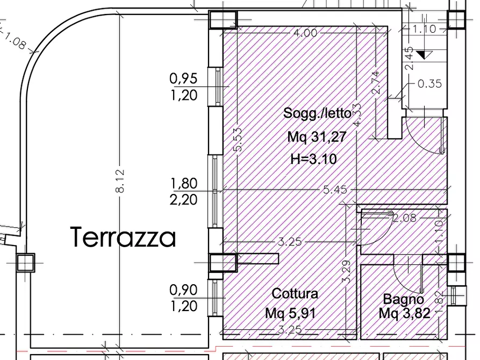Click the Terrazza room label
click(x=123, y=237)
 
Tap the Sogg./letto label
click(x=317, y=113)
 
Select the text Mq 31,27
click(x=316, y=137)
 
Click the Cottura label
click(x=295, y=293)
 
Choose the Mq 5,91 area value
click(x=291, y=313)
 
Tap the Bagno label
click(x=403, y=299)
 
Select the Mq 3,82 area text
click(x=404, y=313)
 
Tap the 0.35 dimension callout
click(x=429, y=84)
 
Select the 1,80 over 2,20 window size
click(x=184, y=192)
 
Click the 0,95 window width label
click(x=184, y=79)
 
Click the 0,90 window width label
click(x=184, y=290)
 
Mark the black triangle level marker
click(x=424, y=54)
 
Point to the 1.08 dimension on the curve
click(x=15, y=40)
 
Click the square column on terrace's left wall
click(x=25, y=263)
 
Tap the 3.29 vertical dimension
click(x=346, y=271)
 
